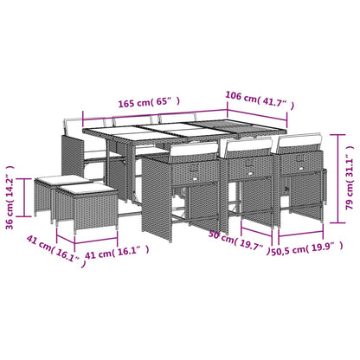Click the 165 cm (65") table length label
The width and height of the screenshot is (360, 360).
click(149, 102)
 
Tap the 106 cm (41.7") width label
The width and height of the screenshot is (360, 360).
click(260, 100)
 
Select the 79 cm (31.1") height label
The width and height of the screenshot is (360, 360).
click(350, 177)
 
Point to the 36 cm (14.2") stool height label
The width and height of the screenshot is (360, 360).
click(10, 197)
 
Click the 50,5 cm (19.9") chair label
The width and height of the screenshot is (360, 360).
click(307, 248)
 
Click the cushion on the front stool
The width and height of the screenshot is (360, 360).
click(87, 190)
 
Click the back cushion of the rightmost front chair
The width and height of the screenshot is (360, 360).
click(300, 140)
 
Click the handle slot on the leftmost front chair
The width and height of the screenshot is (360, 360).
click(195, 179)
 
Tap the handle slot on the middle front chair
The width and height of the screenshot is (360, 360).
click(248, 173)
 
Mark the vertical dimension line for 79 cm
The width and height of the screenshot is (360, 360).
click(337, 178)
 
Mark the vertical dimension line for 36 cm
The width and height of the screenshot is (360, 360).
click(24, 197)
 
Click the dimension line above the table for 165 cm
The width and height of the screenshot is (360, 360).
click(155, 113)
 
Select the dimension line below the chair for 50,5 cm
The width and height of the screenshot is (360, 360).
click(300, 234)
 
